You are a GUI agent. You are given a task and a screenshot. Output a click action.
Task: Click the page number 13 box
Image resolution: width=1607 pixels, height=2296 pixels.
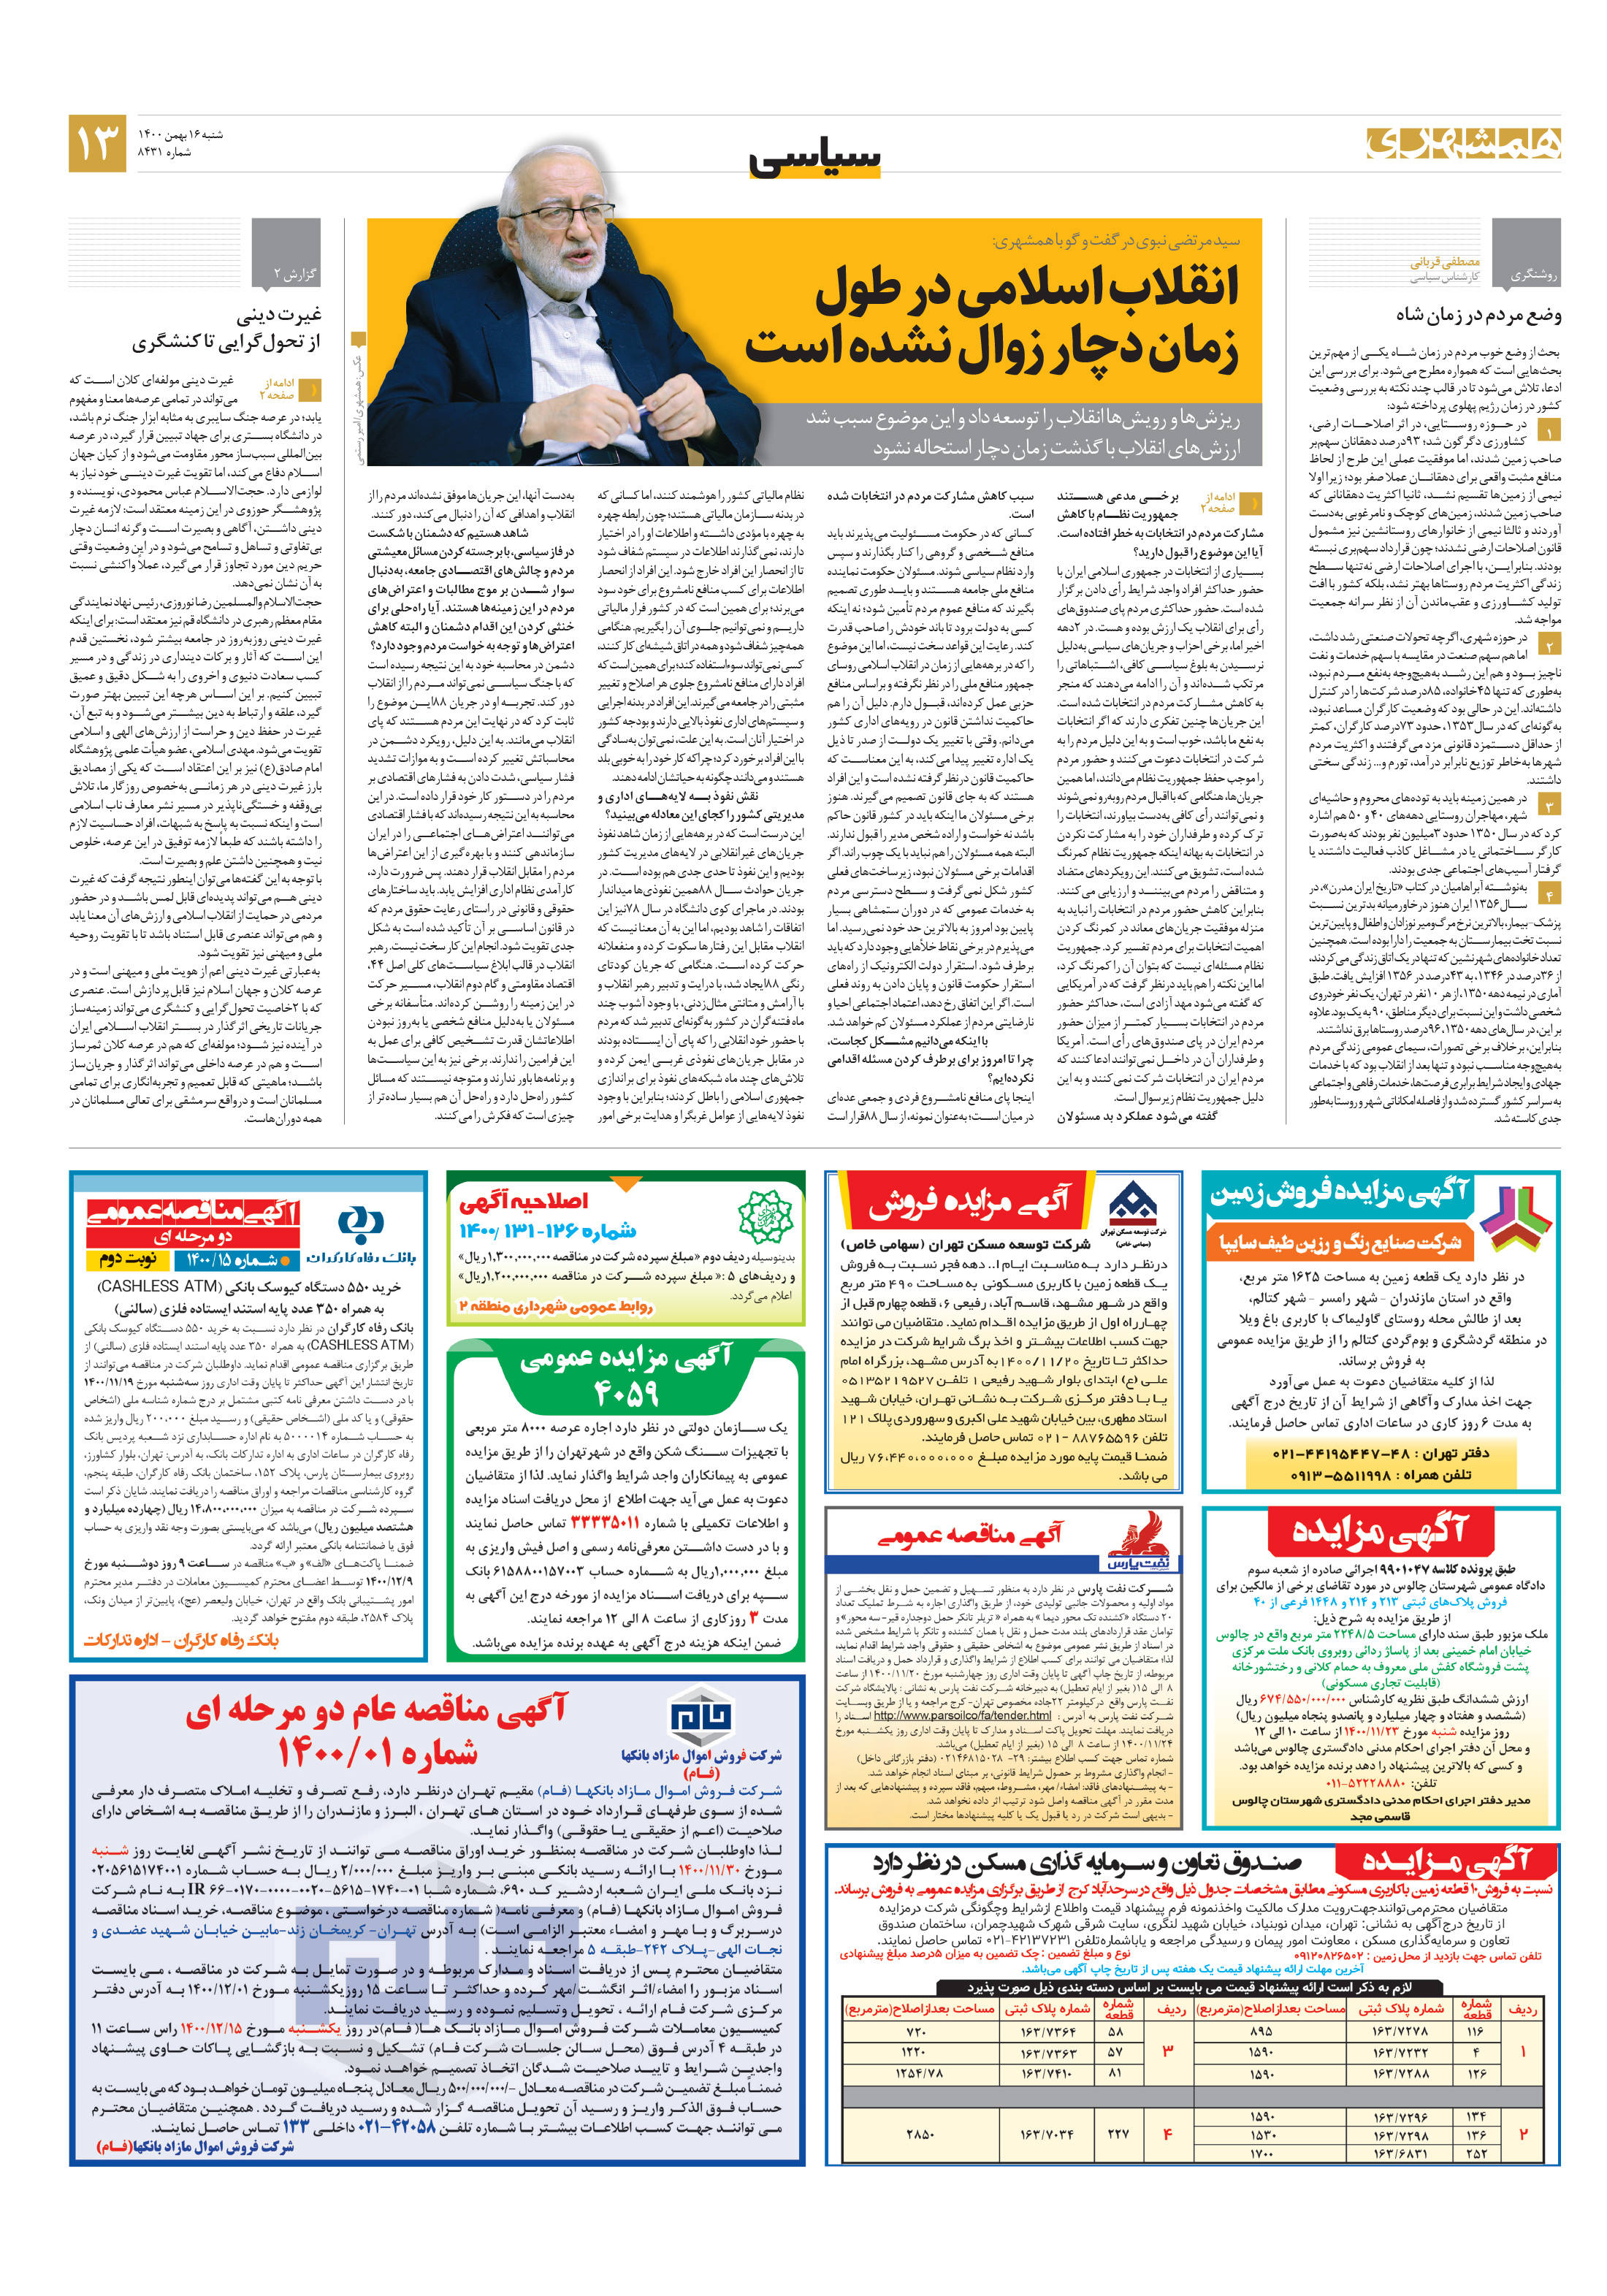click(x=97, y=143)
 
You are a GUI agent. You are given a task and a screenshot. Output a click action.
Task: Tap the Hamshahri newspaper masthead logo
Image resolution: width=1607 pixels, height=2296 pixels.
click(x=1463, y=143)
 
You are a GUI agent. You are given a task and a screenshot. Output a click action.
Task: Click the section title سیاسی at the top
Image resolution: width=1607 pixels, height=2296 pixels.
click(x=815, y=158)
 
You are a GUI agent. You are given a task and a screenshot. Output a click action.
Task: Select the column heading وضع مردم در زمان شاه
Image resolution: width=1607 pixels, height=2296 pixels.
click(x=1478, y=315)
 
